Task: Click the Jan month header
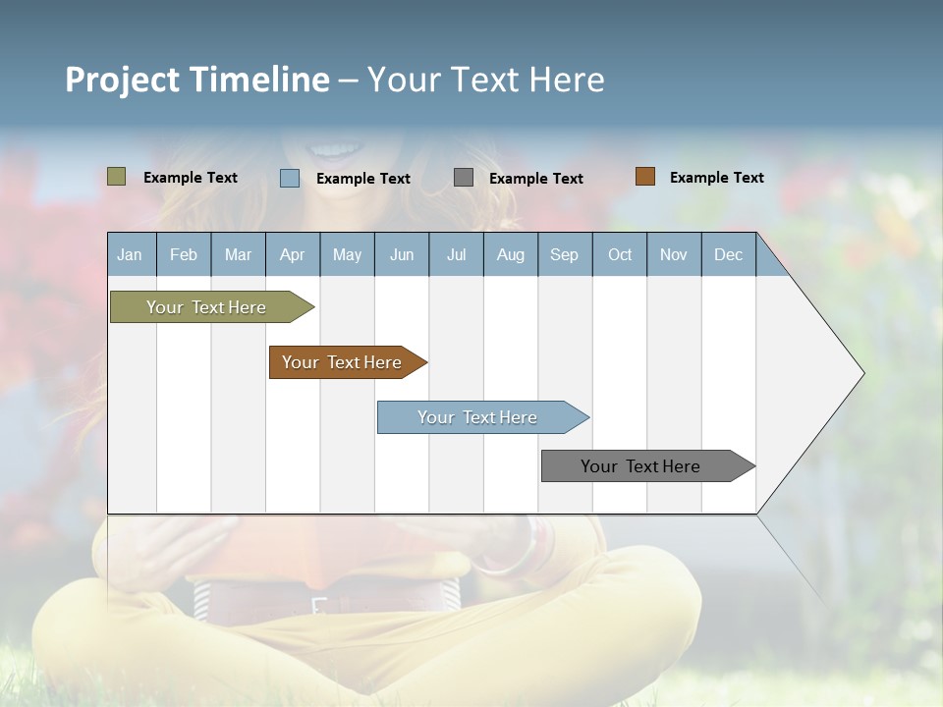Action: (130, 254)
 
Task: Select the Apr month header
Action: (292, 254)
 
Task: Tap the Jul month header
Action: (456, 254)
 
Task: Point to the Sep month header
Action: (564, 254)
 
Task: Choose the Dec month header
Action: (728, 254)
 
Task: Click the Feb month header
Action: (184, 254)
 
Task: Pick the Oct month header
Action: (620, 254)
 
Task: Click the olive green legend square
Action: (117, 177)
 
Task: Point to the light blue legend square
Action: (290, 178)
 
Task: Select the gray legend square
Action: (464, 178)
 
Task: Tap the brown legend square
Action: (645, 177)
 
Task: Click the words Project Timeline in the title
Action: (197, 80)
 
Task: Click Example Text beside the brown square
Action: (716, 178)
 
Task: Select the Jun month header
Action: (402, 254)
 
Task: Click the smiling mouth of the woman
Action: (335, 150)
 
